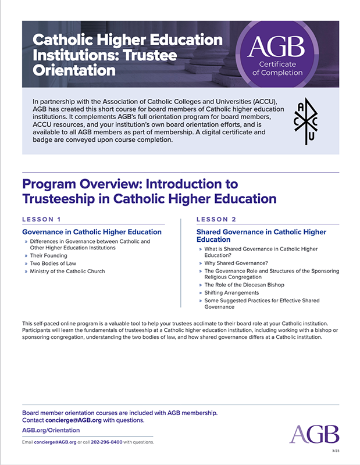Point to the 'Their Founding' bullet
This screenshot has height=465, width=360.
tap(49, 256)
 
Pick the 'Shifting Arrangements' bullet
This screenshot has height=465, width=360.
tap(231, 293)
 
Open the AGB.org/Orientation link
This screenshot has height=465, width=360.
tap(51, 430)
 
